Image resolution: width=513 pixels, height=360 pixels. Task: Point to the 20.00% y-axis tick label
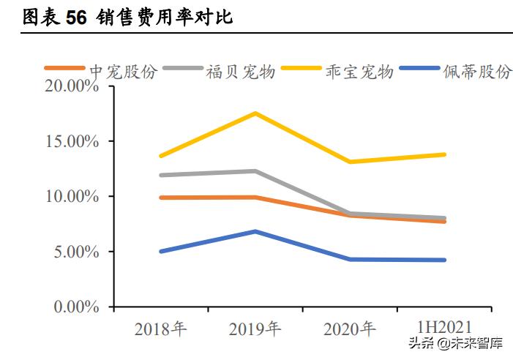click(72, 86)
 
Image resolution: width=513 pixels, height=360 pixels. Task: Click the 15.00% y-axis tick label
click(72, 141)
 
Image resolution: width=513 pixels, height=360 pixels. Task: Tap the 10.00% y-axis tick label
click(72, 197)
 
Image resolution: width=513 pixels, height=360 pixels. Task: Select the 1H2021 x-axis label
click(444, 327)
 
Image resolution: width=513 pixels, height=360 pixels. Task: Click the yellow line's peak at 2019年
click(255, 113)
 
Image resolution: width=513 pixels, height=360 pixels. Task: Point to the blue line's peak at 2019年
click(255, 231)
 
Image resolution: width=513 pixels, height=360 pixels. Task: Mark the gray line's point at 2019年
click(255, 171)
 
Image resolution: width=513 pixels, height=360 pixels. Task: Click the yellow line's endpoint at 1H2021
click(444, 154)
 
